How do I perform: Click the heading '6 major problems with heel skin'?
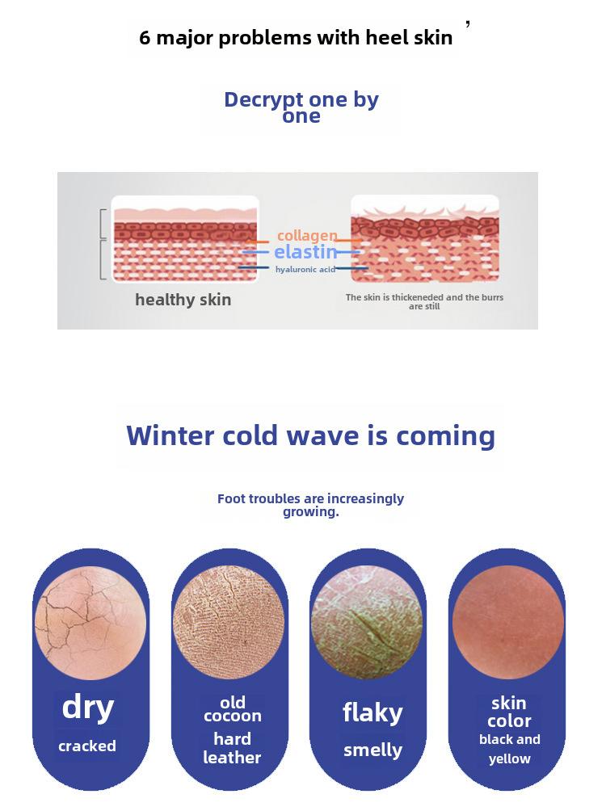[296, 38]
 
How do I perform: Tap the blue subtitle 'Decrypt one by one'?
[301, 107]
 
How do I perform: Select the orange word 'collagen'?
[307, 235]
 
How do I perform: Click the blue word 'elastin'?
[305, 252]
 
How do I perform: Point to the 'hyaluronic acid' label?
[305, 270]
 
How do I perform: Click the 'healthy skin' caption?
[183, 300]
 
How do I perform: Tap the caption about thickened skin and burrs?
[424, 301]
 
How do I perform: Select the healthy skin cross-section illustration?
[185, 239]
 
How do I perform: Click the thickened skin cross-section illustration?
[425, 238]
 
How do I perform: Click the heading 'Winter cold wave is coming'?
[310, 435]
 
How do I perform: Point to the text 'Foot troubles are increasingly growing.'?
[310, 505]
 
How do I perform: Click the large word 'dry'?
[88, 707]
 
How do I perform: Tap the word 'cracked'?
[87, 746]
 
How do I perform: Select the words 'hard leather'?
[232, 748]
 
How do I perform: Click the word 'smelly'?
[372, 750]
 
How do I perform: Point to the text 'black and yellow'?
[510, 749]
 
